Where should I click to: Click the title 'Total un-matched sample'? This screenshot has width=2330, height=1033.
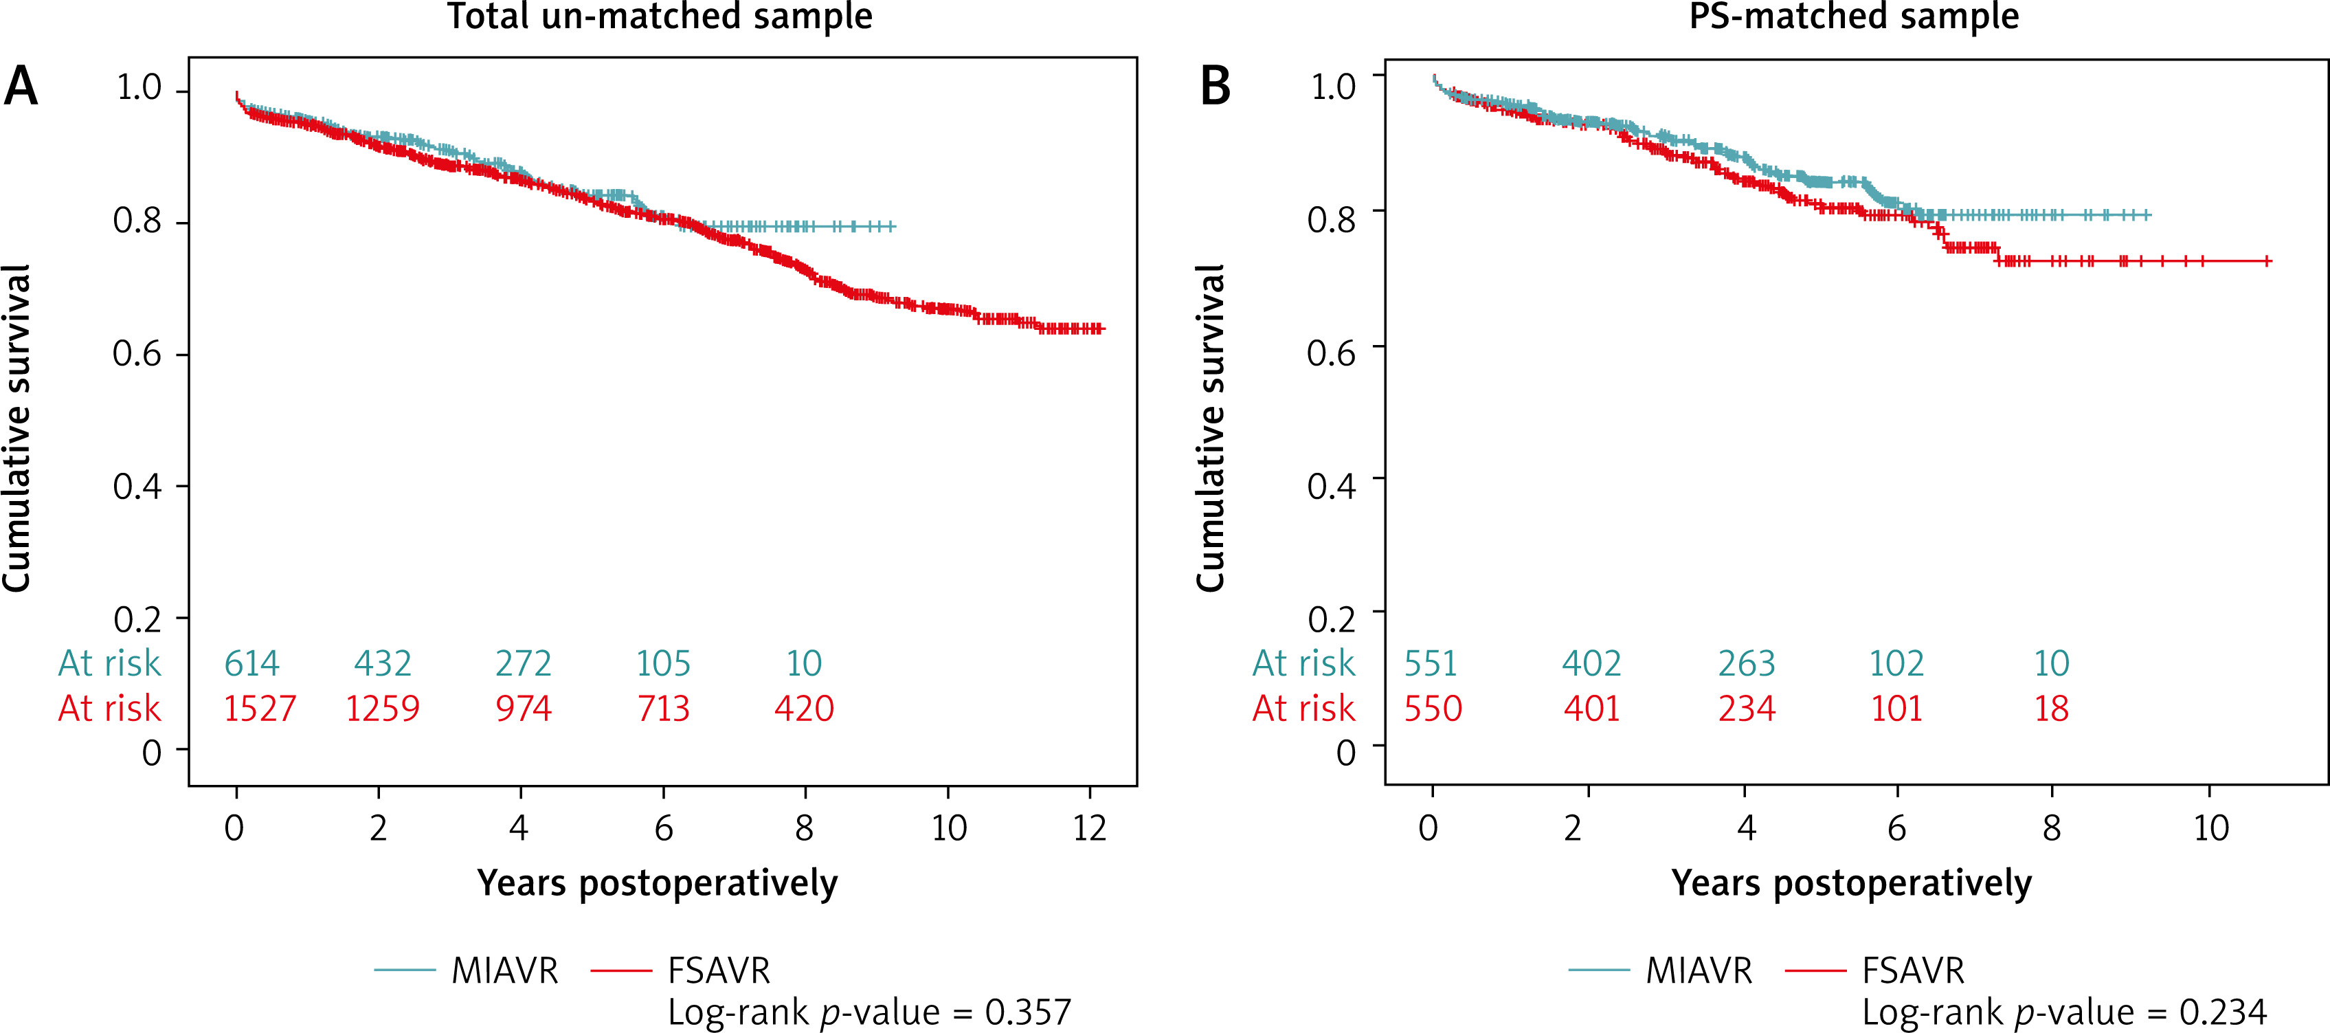660,16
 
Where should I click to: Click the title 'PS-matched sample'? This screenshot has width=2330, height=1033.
1853,16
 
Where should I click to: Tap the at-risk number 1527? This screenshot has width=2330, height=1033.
260,709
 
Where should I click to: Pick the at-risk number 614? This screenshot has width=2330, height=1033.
251,664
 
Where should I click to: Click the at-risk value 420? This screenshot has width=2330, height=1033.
803,709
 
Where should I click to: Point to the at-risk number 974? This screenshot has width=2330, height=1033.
523,709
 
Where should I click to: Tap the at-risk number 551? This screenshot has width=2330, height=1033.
1430,664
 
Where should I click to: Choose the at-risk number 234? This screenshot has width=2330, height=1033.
1747,709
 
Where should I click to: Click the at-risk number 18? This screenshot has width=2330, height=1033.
2052,709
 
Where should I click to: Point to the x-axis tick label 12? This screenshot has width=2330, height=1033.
1090,827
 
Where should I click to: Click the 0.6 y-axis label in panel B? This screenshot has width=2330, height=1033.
1332,353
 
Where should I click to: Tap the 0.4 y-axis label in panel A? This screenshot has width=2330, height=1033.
137,487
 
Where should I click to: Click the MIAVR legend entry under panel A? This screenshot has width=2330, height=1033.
504,970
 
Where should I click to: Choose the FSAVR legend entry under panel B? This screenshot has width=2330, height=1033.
1912,970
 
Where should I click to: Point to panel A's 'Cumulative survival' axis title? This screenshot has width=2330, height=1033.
18,428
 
